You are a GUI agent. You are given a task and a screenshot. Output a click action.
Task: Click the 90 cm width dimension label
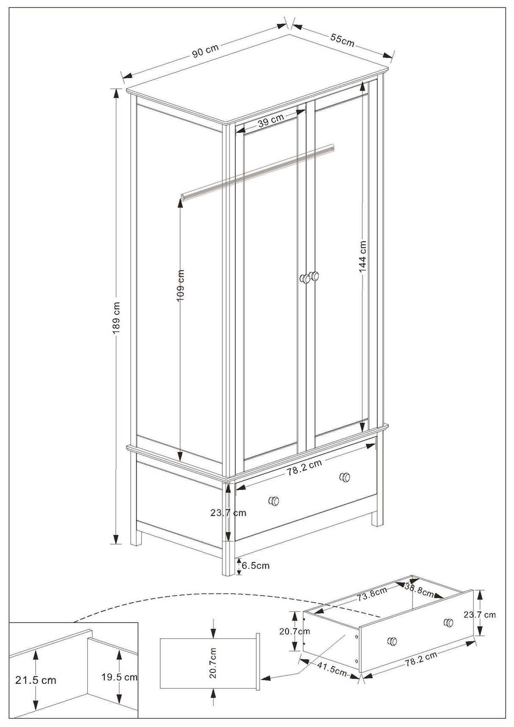pyautogui.click(x=205, y=51)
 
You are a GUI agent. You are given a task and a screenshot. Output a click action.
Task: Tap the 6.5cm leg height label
pyautogui.click(x=256, y=566)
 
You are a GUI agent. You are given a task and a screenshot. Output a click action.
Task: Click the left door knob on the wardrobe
pyautogui.click(x=304, y=279)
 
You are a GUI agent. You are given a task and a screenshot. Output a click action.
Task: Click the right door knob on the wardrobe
pyautogui.click(x=315, y=276)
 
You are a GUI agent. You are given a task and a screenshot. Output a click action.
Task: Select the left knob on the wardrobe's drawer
pyautogui.click(x=274, y=501)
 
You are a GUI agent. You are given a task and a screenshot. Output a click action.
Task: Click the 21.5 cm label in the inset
pyautogui.click(x=36, y=680)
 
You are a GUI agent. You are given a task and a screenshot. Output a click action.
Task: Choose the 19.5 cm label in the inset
pyautogui.click(x=119, y=677)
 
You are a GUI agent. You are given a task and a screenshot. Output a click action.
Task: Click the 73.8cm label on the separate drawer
pyautogui.click(x=372, y=593)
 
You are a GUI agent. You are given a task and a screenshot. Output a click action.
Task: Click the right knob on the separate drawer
pyautogui.click(x=448, y=622)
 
